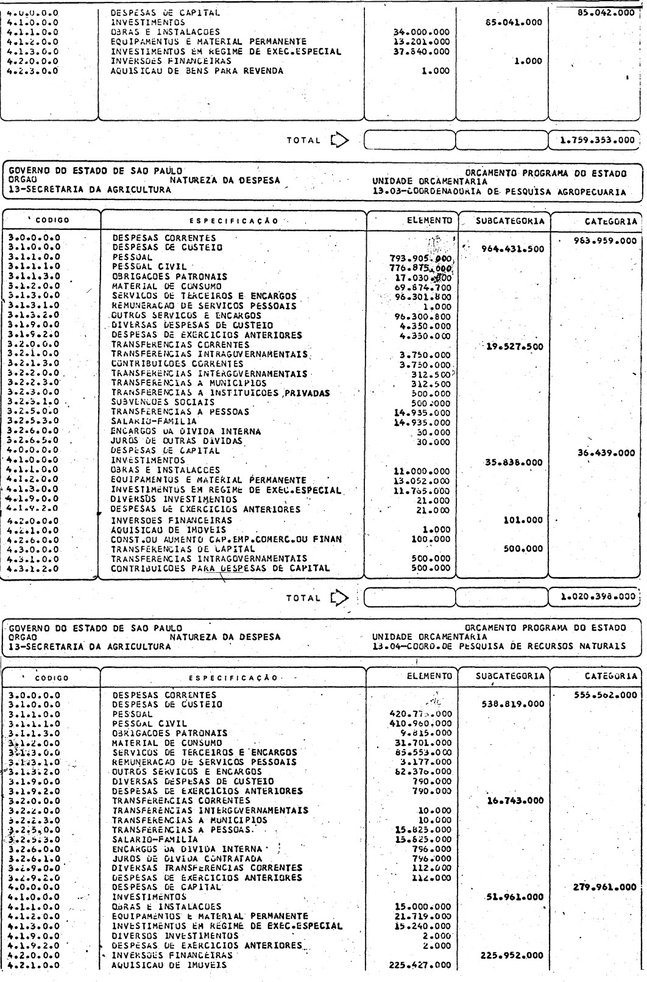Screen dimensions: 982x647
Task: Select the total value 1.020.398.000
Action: [599, 598]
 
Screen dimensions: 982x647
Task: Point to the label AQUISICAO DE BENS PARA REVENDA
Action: [197, 71]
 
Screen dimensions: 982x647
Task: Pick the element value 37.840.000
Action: [422, 52]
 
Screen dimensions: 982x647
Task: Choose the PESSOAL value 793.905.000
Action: [421, 258]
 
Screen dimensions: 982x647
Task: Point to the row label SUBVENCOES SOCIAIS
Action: [163, 403]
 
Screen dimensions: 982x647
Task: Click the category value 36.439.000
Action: [605, 453]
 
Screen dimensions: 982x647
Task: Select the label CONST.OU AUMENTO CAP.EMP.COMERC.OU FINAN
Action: [226, 539]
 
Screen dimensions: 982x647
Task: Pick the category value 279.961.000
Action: [605, 887]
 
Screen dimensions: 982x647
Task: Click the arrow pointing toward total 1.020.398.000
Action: [339, 598]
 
